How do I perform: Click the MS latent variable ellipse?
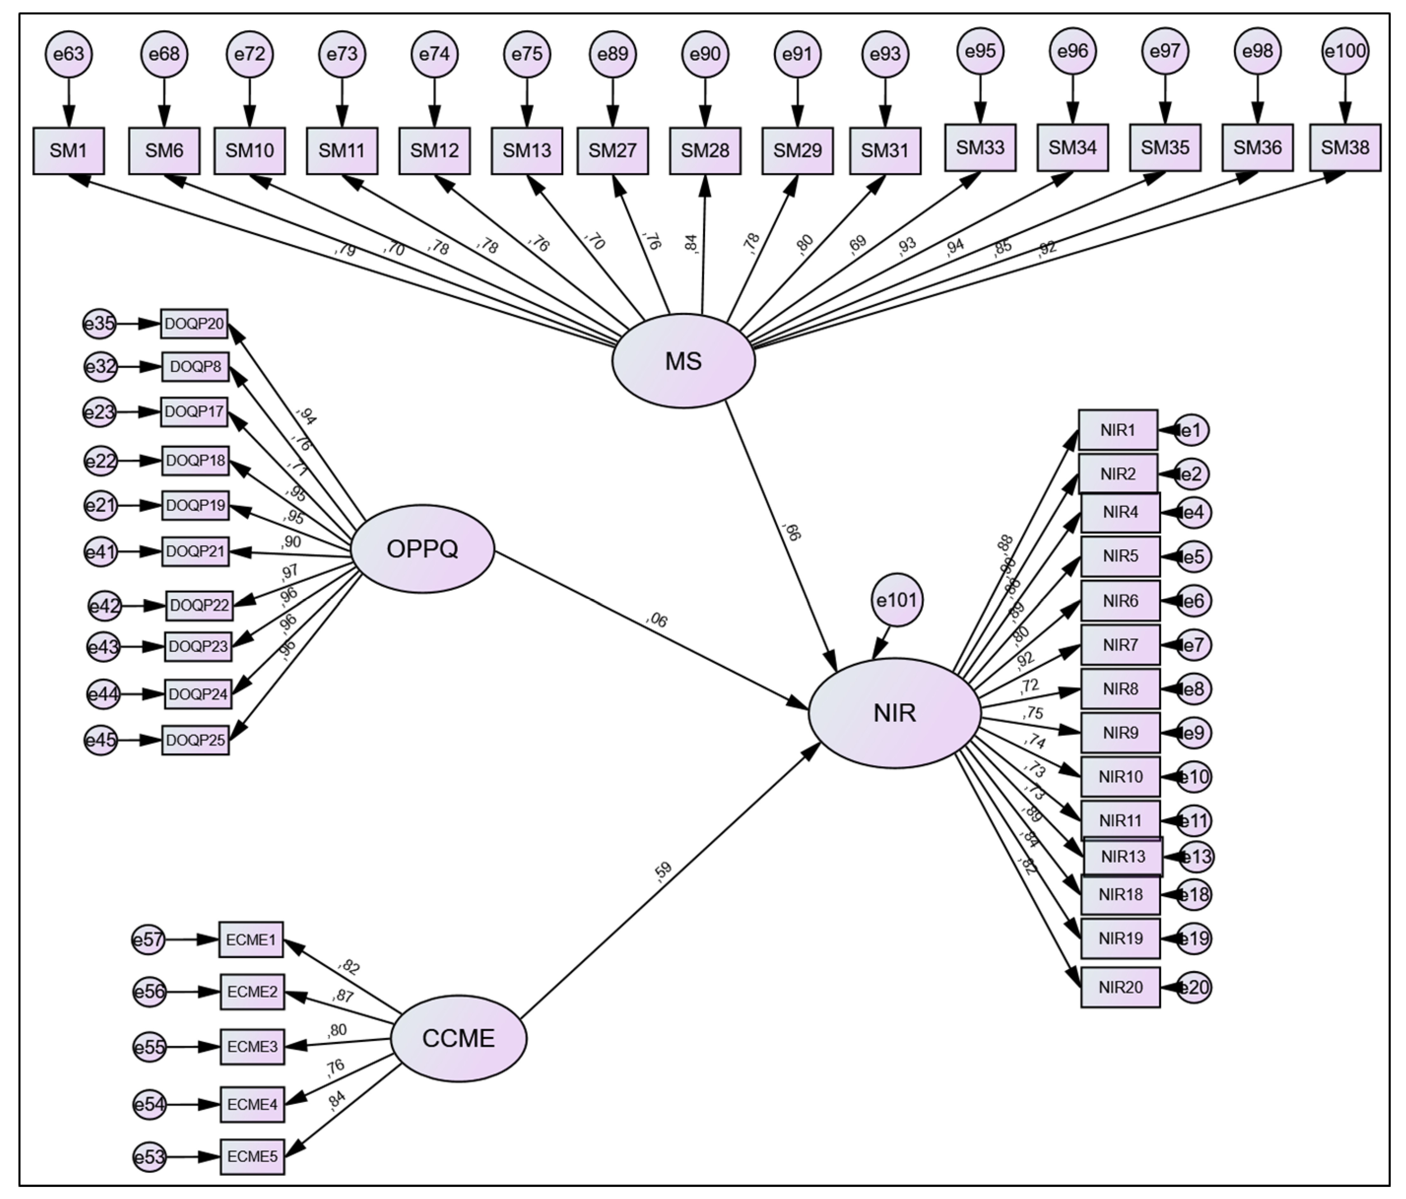pyautogui.click(x=683, y=361)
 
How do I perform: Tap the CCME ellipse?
pyautogui.click(x=459, y=1039)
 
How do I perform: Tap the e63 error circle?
pyautogui.click(x=69, y=54)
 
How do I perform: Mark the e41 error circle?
pyautogui.click(x=100, y=552)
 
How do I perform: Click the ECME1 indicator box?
pyautogui.click(x=251, y=940)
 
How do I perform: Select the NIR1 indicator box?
pyautogui.click(x=1118, y=430)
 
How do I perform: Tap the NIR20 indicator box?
pyautogui.click(x=1120, y=987)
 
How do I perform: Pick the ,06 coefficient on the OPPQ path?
pyautogui.click(x=657, y=619)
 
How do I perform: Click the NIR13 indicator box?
pyautogui.click(x=1123, y=856)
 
